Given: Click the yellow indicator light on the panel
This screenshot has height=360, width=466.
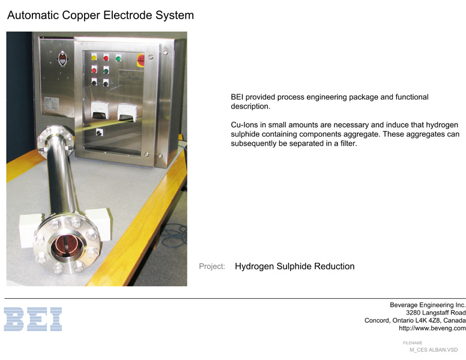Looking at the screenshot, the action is pyautogui.click(x=94, y=57).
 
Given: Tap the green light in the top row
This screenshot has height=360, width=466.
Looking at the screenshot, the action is pyautogui.click(x=118, y=58).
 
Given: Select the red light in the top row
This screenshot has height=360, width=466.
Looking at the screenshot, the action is pyautogui.click(x=106, y=58).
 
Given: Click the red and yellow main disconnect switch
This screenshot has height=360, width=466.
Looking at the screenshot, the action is pyautogui.click(x=141, y=60).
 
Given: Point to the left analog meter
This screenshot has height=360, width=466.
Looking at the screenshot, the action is pyautogui.click(x=100, y=110).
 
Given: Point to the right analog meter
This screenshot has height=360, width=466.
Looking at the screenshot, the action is pyautogui.click(x=127, y=113).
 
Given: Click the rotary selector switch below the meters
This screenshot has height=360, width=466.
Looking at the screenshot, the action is pyautogui.click(x=99, y=132).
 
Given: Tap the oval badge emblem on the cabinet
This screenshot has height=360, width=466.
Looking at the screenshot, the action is pyautogui.click(x=62, y=59).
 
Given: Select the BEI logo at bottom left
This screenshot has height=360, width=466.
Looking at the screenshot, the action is pyautogui.click(x=32, y=319).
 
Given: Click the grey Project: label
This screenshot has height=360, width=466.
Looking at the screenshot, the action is pyautogui.click(x=212, y=266).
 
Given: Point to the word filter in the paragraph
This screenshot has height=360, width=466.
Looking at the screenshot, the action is pyautogui.click(x=349, y=143).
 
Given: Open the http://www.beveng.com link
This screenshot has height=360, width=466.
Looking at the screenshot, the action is pyautogui.click(x=432, y=328).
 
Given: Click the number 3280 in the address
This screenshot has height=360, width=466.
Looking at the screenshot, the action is pyautogui.click(x=413, y=313).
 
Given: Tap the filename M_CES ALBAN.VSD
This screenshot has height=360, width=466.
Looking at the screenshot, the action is pyautogui.click(x=434, y=350).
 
